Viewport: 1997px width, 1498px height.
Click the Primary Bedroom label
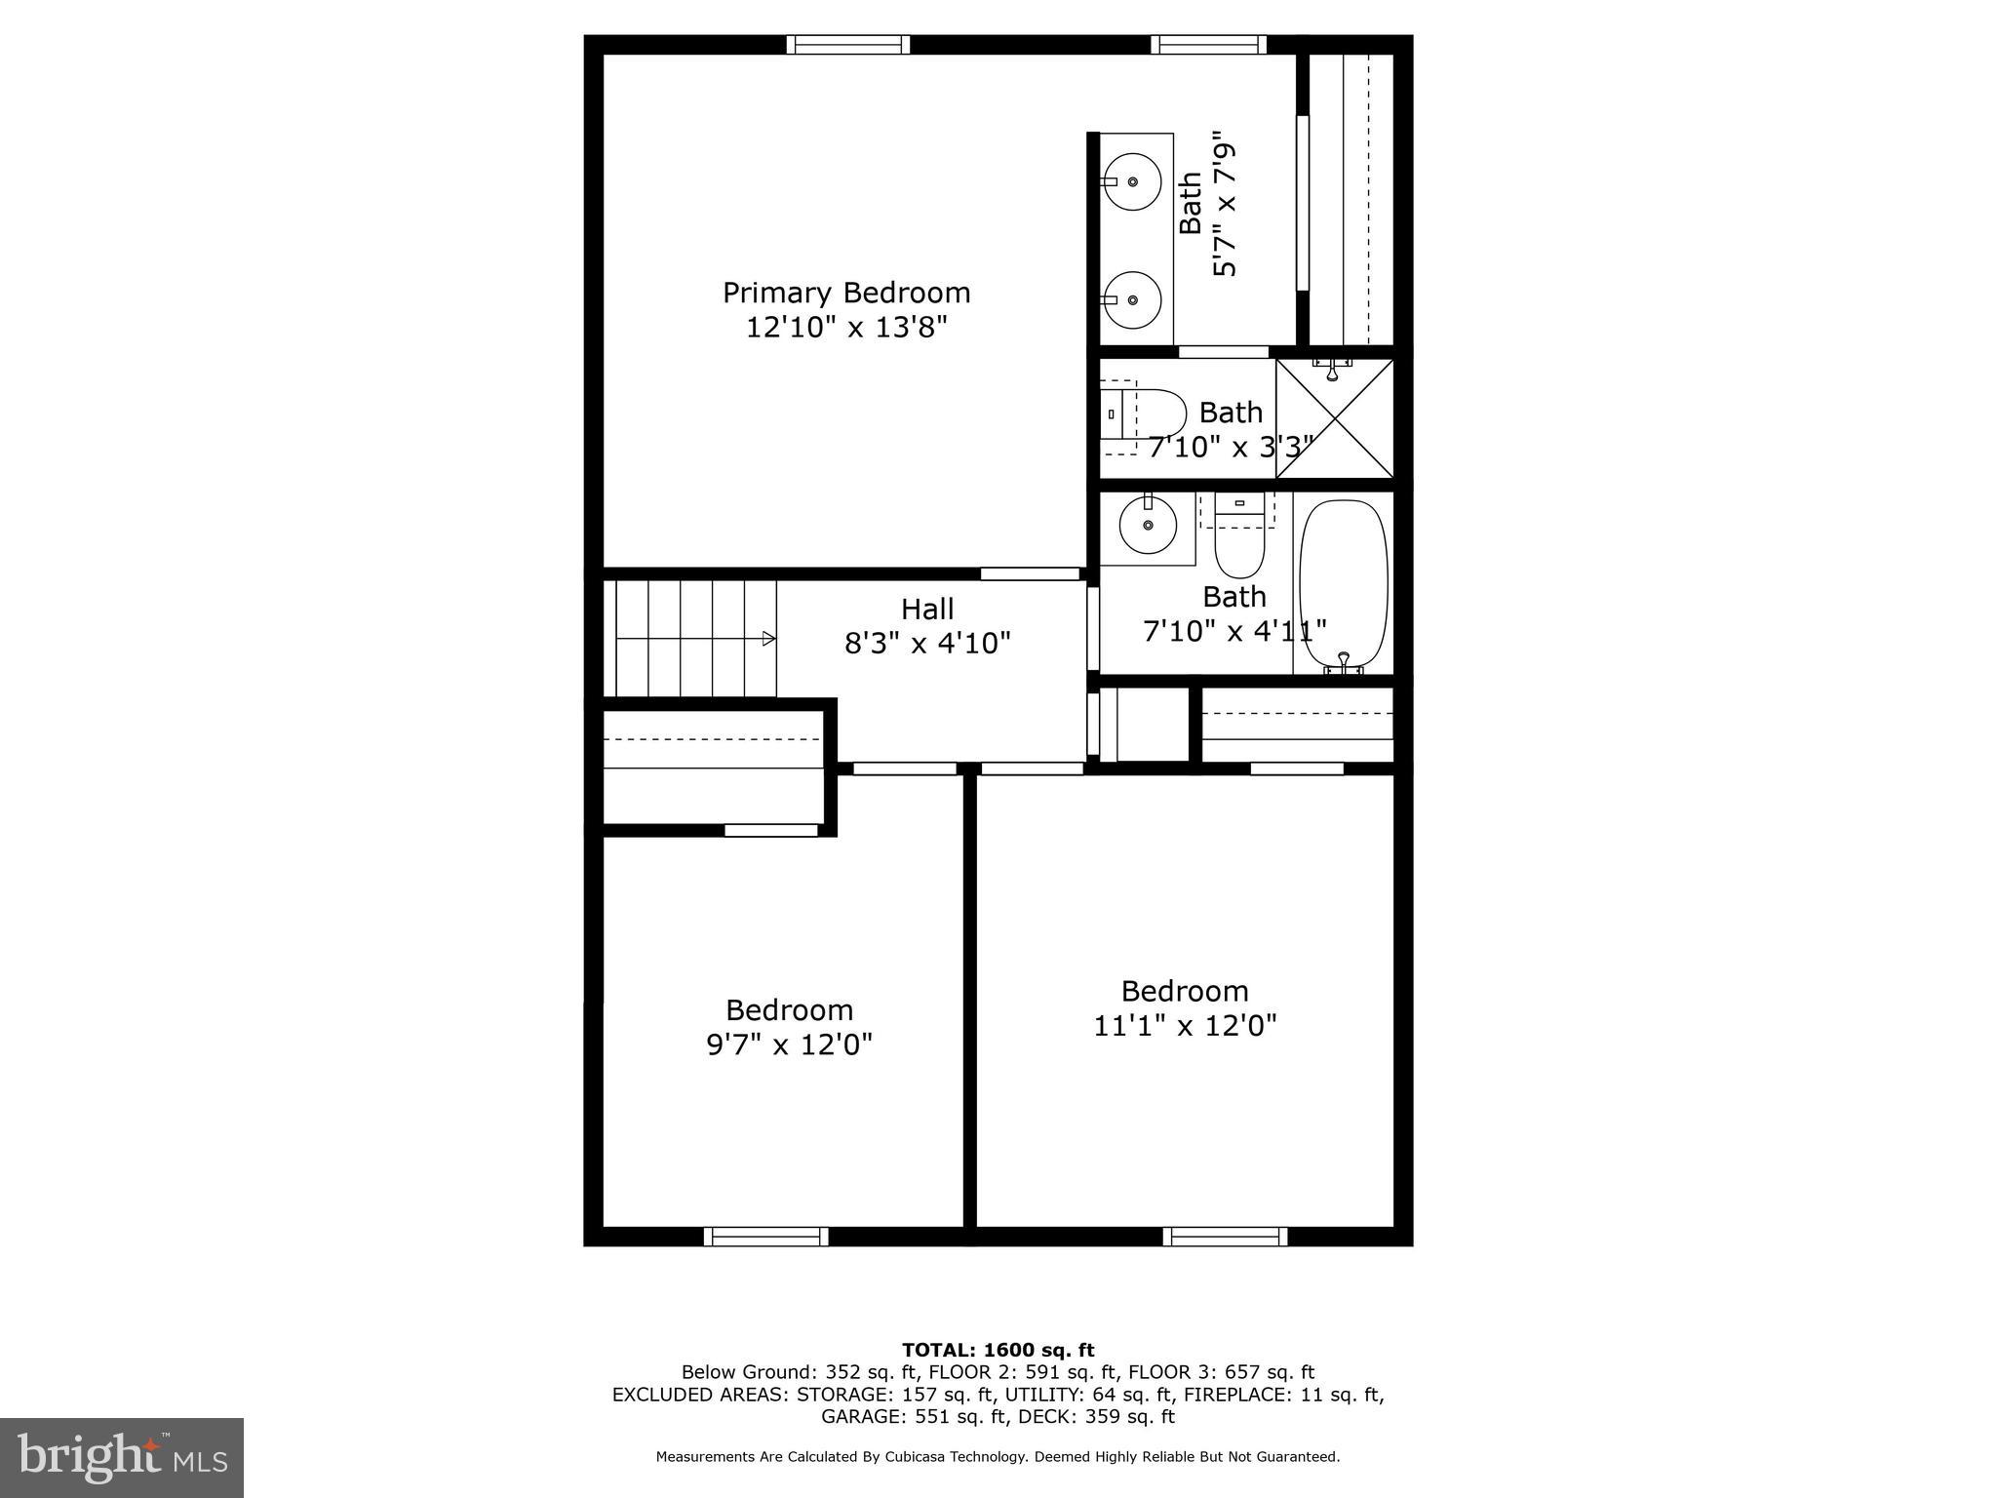point(845,293)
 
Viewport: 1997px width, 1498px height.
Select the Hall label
point(926,610)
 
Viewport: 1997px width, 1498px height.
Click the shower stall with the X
point(1334,419)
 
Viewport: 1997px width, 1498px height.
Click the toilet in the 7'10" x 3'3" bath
point(1151,414)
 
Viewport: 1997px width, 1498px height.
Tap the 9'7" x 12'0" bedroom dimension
point(789,1045)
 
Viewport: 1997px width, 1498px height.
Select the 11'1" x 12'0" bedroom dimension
point(1185,1026)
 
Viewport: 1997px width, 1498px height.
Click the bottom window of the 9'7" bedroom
point(766,1237)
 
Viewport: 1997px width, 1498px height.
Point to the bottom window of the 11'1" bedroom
point(1225,1237)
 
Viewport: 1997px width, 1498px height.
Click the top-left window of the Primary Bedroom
point(847,44)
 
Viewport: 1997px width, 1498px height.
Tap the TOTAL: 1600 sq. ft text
point(998,1351)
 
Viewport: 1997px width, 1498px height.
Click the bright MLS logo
point(122,1457)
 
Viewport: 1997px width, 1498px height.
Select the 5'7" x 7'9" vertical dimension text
point(1225,209)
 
